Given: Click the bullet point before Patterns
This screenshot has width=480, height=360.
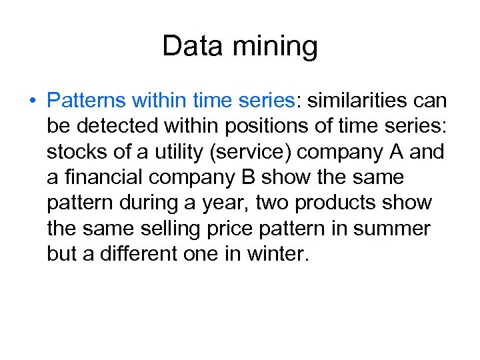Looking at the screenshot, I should (31, 101).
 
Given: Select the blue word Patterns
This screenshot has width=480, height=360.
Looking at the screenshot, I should (87, 101).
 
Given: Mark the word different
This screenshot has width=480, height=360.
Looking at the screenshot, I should (132, 253).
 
